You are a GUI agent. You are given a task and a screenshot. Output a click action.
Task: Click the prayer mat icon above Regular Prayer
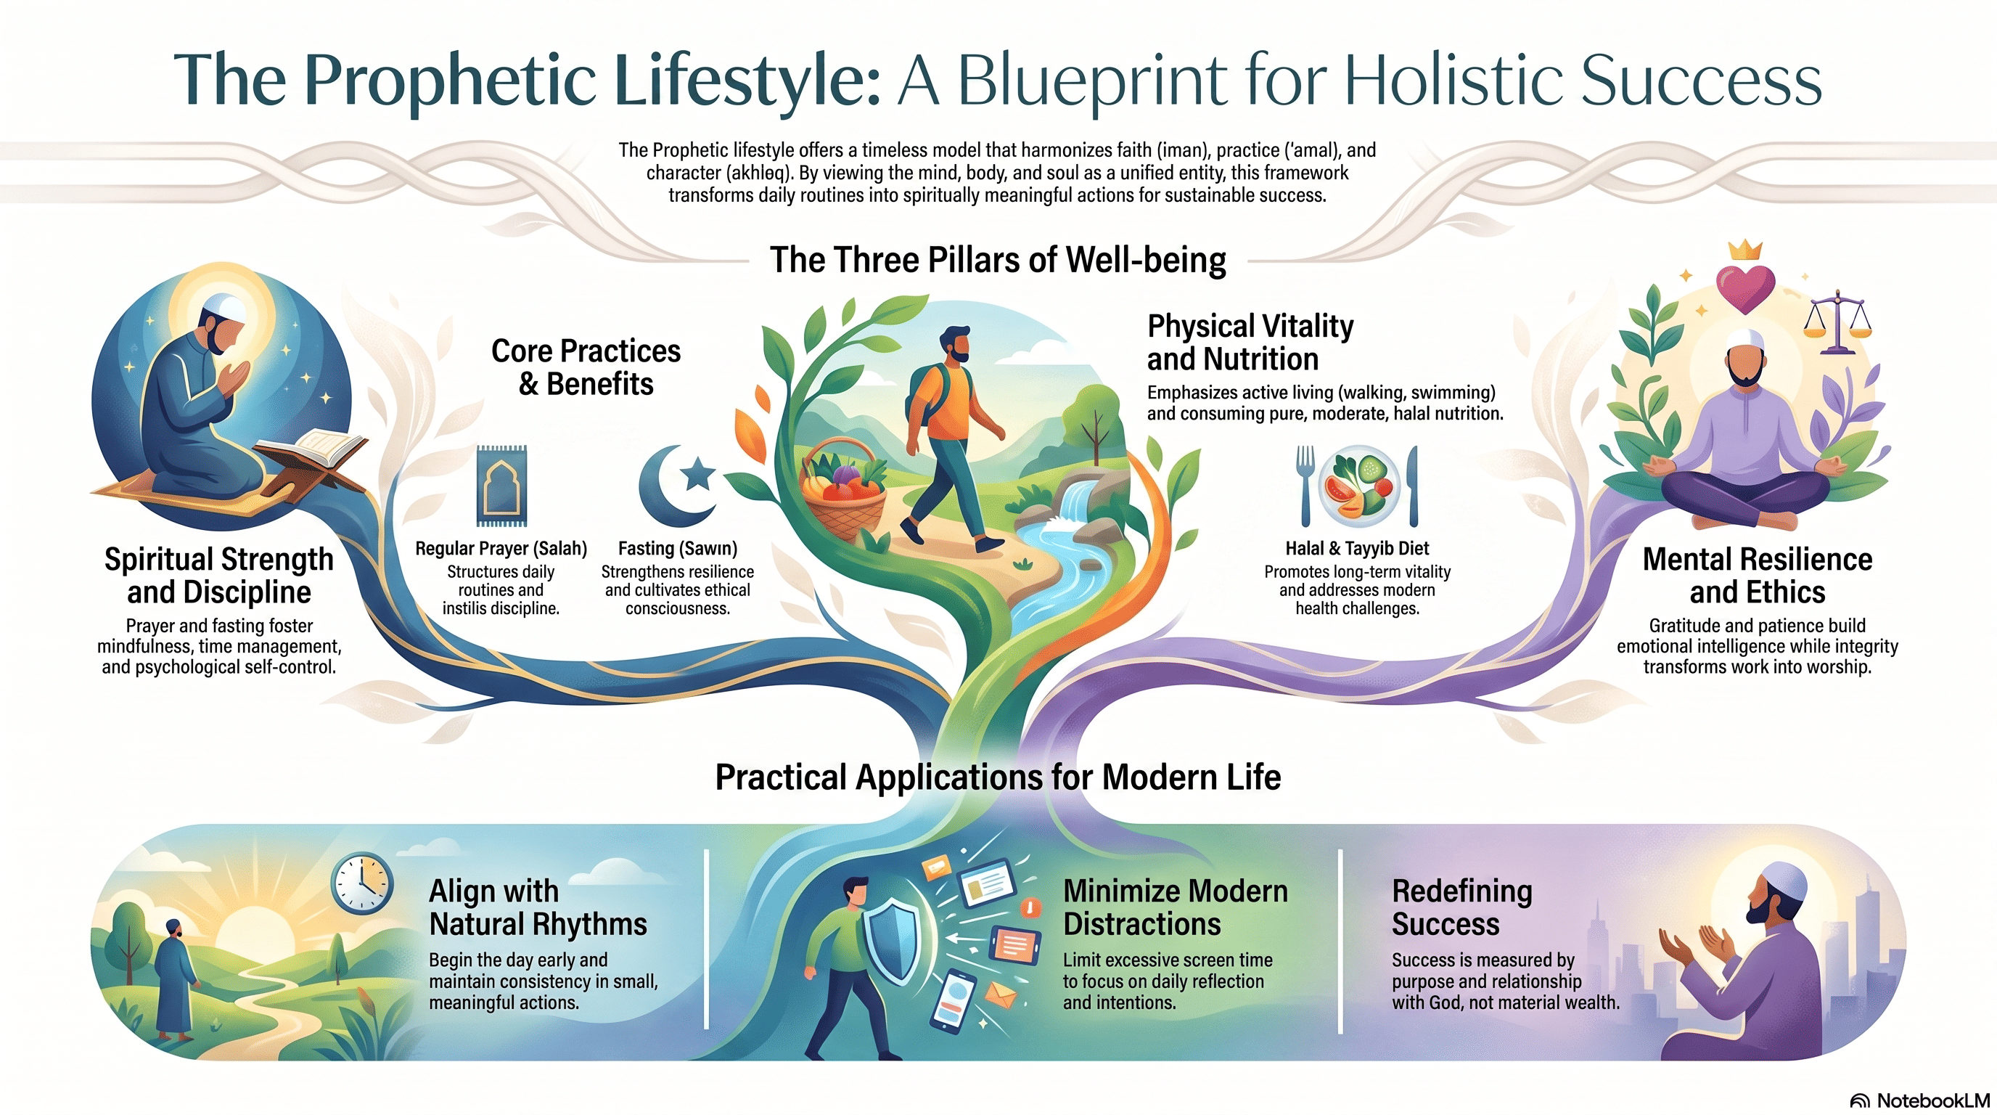(x=501, y=486)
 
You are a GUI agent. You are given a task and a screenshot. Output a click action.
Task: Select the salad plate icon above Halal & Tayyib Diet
(x=1358, y=486)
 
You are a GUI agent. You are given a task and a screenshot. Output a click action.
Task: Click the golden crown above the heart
(x=1746, y=250)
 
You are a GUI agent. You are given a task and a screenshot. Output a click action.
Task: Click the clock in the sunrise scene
(x=362, y=883)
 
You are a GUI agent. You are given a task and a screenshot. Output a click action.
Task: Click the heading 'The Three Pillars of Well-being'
(x=998, y=260)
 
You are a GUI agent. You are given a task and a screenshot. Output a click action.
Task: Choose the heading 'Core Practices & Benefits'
(x=586, y=367)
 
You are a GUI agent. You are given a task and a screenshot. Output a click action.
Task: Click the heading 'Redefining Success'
(x=1462, y=907)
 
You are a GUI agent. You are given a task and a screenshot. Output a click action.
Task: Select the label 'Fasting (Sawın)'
(x=678, y=548)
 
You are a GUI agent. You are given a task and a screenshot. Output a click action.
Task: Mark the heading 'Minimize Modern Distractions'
(x=1176, y=907)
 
